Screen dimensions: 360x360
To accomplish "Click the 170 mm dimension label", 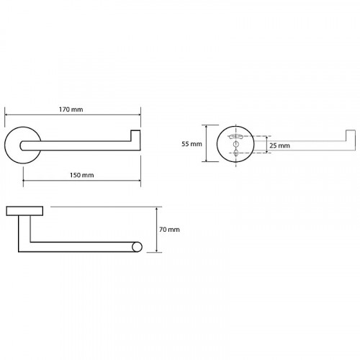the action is (71, 109).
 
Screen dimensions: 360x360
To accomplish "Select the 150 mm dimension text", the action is (82, 175).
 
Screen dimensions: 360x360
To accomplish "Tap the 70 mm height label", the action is (169, 230).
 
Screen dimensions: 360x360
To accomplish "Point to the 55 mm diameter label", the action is (192, 144).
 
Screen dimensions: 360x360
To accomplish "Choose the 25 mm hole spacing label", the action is (279, 145).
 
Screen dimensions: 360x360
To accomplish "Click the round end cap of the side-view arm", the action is (137, 247).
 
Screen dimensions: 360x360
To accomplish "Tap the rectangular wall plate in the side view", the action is (24, 211).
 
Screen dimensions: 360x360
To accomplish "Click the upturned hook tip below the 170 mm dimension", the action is (135, 135).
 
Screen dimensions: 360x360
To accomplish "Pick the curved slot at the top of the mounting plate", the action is (236, 137).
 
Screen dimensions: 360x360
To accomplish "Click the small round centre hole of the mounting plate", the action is (236, 144).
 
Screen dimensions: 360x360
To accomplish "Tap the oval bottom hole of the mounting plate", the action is (236, 153).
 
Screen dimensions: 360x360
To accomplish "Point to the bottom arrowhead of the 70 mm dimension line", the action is (157, 250).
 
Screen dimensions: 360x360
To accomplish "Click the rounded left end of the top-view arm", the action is (22, 145).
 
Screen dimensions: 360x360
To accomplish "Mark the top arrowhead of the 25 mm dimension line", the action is (266, 138).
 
